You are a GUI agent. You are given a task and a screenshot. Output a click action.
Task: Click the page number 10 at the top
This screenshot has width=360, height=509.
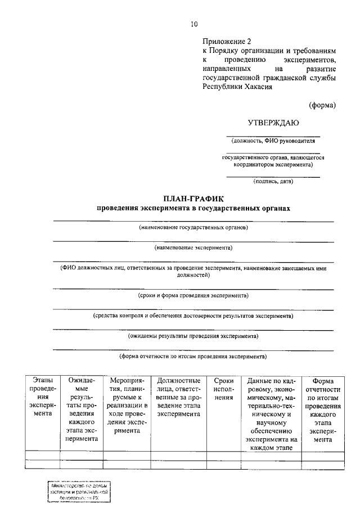click(194, 24)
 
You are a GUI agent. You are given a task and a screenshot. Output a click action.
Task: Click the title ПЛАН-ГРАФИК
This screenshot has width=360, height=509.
click(193, 199)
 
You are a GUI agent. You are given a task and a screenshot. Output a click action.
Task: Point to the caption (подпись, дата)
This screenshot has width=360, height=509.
click(273, 181)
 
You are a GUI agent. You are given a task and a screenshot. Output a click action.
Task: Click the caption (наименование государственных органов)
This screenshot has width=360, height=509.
click(193, 228)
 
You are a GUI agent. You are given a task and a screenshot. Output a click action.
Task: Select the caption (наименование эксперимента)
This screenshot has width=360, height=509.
click(193, 247)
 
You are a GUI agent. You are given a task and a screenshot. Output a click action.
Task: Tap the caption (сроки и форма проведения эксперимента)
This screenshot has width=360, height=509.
click(193, 295)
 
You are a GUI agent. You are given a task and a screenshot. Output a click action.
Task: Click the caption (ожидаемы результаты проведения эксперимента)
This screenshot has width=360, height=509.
click(193, 336)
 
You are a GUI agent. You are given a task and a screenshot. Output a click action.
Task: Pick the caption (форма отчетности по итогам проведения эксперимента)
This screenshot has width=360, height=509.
click(193, 357)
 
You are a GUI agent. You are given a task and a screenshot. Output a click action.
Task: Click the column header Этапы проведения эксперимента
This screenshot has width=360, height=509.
click(43, 397)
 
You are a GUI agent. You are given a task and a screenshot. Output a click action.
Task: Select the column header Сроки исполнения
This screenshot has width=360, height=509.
click(223, 389)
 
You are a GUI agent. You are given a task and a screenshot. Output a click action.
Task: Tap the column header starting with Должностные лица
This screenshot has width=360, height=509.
click(179, 397)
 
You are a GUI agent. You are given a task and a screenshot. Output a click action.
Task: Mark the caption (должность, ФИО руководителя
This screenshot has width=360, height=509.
click(273, 141)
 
